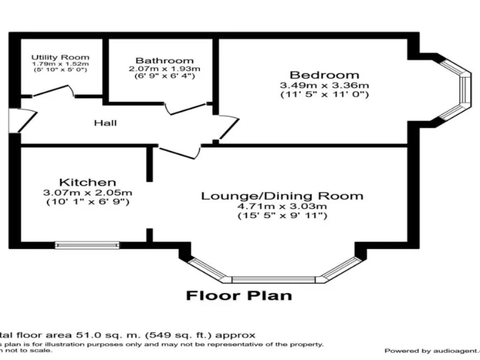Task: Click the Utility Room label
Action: (x=61, y=57)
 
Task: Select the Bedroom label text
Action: (x=324, y=75)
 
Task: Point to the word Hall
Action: (x=105, y=123)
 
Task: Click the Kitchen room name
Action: (x=87, y=182)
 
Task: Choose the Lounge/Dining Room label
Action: (x=282, y=196)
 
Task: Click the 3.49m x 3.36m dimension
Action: (x=324, y=85)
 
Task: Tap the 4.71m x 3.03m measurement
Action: (x=282, y=206)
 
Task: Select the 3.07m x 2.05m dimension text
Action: (x=87, y=192)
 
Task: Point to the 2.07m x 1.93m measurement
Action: (x=164, y=68)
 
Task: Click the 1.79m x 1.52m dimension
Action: (x=61, y=64)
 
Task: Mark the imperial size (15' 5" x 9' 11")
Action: (x=282, y=216)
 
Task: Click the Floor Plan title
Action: (x=239, y=295)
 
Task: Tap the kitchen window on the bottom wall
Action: (x=87, y=244)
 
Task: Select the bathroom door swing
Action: (x=184, y=107)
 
